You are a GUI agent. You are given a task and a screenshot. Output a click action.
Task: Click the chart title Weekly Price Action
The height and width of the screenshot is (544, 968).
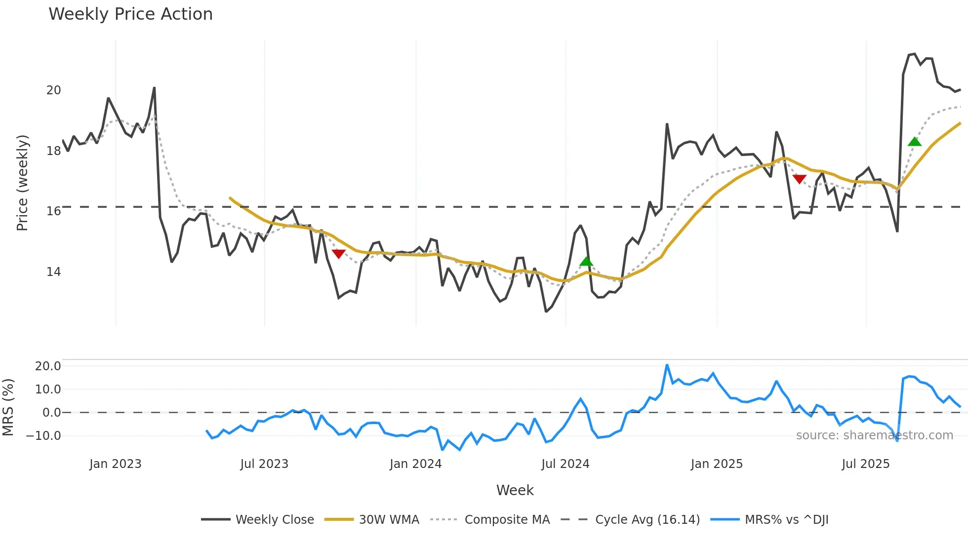(130, 14)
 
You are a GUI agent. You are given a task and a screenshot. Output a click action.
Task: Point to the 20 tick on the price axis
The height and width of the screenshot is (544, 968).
(53, 90)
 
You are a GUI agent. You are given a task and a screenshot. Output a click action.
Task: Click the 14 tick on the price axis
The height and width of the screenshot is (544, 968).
(53, 272)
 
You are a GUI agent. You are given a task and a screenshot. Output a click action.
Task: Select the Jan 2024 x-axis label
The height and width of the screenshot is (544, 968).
(415, 464)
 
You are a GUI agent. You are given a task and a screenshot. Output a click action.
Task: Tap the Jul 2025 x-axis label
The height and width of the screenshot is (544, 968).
(865, 464)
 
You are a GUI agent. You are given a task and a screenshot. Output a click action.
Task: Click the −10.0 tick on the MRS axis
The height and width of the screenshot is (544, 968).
(43, 436)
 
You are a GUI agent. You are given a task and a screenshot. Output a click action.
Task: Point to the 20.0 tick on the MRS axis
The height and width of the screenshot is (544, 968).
(47, 366)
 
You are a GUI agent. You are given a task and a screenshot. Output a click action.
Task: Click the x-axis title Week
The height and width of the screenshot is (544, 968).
(515, 490)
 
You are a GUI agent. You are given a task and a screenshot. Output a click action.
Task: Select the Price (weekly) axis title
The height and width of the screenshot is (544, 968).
(22, 183)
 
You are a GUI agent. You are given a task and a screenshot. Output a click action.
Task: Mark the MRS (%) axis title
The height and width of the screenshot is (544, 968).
(8, 407)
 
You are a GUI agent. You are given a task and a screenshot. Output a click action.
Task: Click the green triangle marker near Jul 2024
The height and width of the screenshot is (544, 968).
(586, 261)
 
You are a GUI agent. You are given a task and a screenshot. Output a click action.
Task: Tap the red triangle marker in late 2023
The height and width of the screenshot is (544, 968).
(338, 254)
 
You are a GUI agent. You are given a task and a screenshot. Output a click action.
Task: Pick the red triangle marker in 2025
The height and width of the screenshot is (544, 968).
(799, 179)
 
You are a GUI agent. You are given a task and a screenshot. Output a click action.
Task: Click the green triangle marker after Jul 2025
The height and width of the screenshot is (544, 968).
(915, 142)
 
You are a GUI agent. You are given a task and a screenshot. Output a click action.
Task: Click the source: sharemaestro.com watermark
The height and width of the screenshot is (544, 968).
(874, 435)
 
